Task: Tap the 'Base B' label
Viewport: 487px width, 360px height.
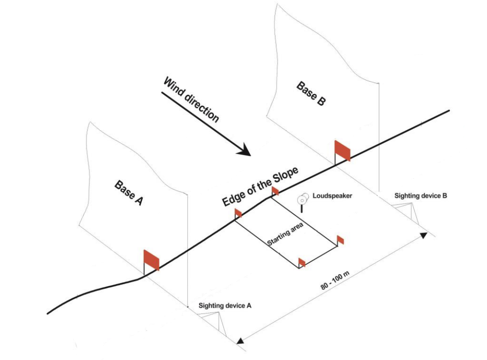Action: point(311,93)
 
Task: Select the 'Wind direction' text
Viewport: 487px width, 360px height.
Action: point(191,100)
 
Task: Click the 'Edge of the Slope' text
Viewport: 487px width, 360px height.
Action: point(260,187)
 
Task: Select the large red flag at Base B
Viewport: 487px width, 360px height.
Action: point(342,150)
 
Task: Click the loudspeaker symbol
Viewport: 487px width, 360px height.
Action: point(302,200)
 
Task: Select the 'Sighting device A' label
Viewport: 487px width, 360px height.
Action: point(225,306)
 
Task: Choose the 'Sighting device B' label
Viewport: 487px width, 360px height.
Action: point(421,196)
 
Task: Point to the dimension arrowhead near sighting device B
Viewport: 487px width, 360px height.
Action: point(424,235)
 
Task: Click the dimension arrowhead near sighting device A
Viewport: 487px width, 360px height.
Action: point(241,340)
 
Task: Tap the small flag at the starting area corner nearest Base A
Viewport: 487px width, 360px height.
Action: point(238,213)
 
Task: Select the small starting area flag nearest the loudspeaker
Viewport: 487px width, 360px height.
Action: point(275,191)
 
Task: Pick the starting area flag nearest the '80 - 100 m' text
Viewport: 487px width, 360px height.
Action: point(302,262)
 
